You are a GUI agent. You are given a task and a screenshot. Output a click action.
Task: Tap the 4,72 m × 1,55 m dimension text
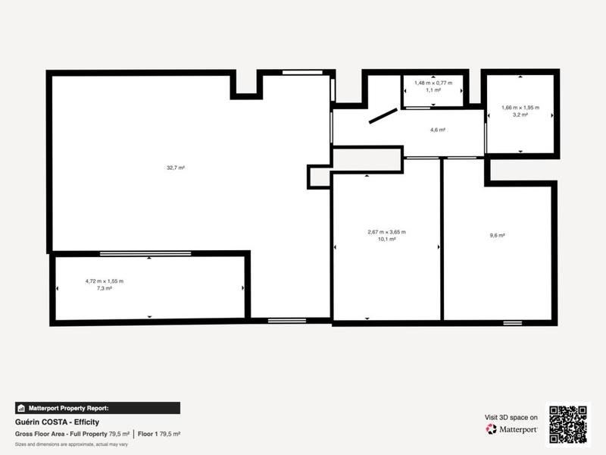click(105, 281)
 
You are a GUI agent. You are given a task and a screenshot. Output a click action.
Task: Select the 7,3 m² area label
click(105, 288)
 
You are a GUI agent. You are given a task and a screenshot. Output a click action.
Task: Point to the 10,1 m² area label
click(386, 239)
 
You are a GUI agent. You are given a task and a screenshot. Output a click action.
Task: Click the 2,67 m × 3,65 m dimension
click(386, 232)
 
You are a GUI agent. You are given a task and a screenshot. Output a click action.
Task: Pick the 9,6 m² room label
click(497, 236)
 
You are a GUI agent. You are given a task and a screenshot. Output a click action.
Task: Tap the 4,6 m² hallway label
click(437, 130)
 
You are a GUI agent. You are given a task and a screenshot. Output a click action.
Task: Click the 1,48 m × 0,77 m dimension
click(433, 83)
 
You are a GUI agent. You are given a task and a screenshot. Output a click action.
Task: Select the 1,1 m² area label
click(433, 89)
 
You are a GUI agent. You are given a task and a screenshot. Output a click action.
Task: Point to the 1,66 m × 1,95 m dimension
click(520, 108)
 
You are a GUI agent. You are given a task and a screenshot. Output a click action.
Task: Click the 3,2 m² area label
click(520, 115)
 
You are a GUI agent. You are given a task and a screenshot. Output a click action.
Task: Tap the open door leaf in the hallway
click(383, 116)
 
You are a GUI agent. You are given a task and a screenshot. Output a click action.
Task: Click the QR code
click(568, 424)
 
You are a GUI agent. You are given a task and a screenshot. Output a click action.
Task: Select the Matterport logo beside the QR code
click(512, 429)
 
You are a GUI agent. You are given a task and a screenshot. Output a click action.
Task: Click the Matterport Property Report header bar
click(97, 408)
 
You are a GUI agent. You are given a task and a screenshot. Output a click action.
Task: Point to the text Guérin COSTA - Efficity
click(58, 422)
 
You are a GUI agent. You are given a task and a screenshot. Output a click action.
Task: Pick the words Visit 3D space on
click(511, 417)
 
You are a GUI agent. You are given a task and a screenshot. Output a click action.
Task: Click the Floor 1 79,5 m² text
click(159, 434)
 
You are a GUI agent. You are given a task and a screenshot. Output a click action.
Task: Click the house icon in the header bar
click(21, 408)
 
